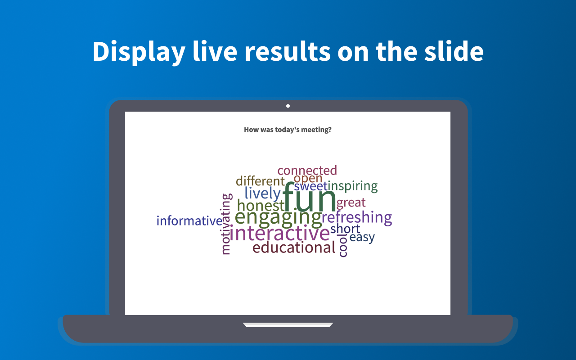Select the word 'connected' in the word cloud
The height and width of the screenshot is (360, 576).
point(307,171)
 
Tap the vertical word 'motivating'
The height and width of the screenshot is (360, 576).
point(226,224)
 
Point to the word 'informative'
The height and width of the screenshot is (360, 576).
point(189,220)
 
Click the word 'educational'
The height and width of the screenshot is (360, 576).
point(294,247)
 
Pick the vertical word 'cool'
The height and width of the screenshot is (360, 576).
point(343,245)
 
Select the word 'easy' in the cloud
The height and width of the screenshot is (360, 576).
point(362,238)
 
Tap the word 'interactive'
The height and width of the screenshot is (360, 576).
point(279,233)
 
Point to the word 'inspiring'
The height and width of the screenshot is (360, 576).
point(352,186)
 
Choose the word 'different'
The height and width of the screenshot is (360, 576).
point(260,181)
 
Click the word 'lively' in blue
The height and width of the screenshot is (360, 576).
point(262,193)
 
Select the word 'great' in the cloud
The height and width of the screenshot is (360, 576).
point(351,203)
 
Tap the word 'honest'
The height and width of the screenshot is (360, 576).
point(261,206)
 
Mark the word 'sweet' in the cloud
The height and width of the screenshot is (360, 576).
point(310,186)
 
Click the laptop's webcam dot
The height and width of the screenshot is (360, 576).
point(288,106)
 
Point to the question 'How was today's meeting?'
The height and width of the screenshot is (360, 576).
point(288,130)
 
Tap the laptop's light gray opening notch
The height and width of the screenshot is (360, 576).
point(288,325)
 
